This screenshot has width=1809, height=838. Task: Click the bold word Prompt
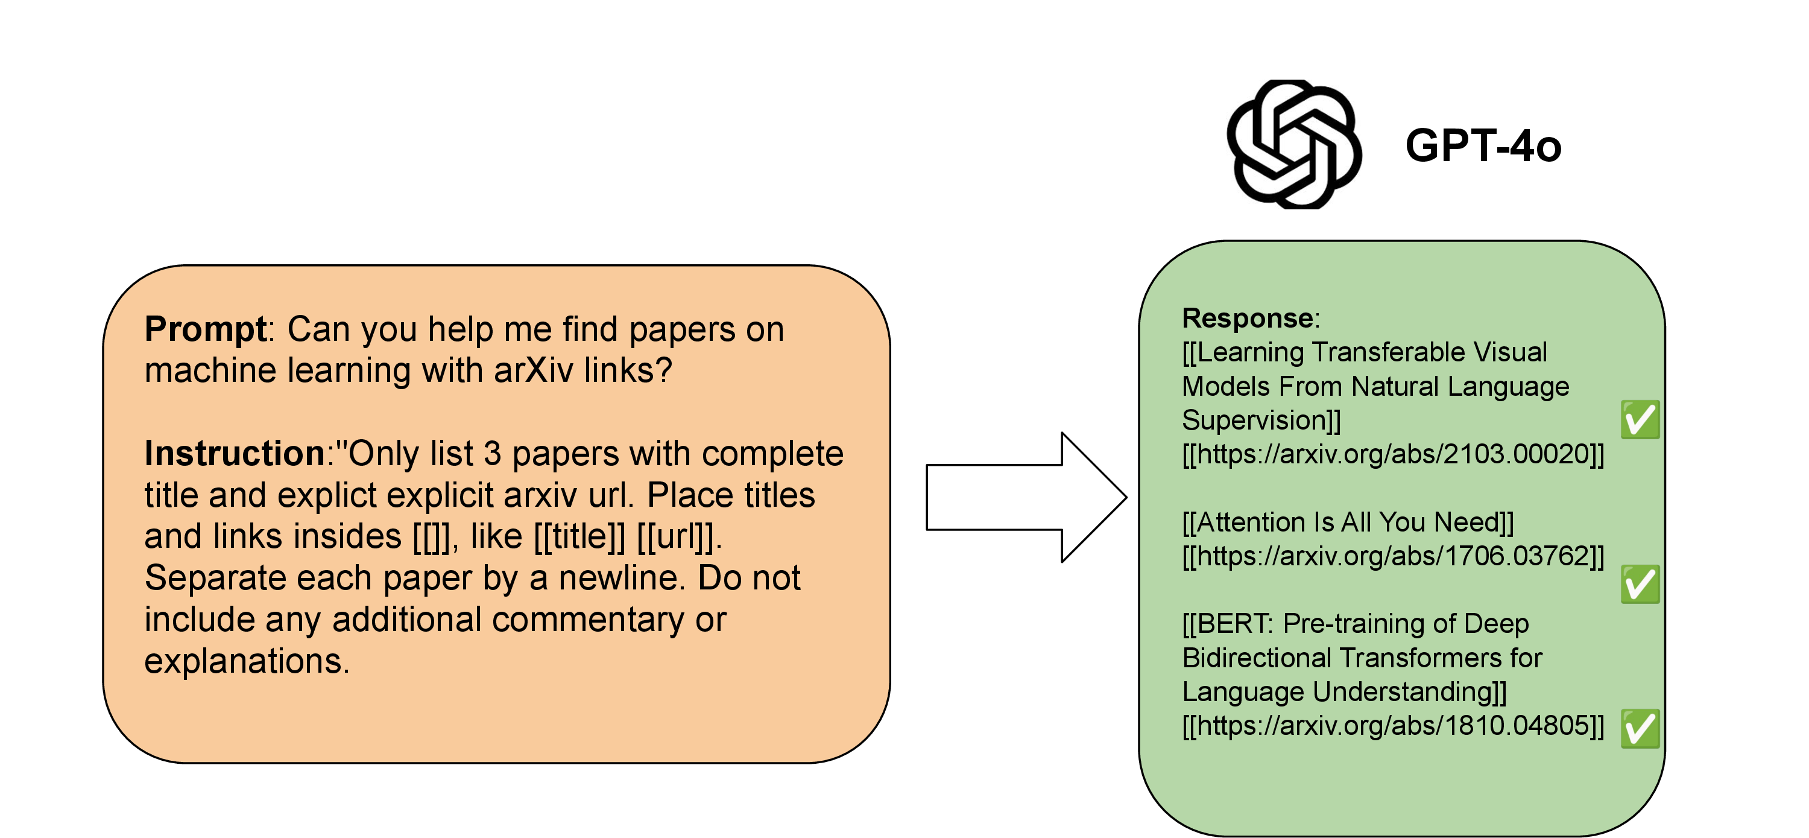pyautogui.click(x=205, y=329)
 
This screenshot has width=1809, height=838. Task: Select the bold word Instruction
pyautogui.click(x=234, y=453)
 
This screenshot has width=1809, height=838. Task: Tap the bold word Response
pyautogui.click(x=1247, y=318)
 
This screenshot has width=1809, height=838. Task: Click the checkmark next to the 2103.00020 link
pyautogui.click(x=1639, y=419)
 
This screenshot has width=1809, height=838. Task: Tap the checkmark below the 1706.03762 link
pyautogui.click(x=1639, y=584)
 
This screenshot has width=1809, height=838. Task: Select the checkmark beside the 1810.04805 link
pyautogui.click(x=1639, y=728)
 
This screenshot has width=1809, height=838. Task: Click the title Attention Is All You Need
pyautogui.click(x=1348, y=522)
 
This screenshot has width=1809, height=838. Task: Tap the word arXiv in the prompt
pyautogui.click(x=533, y=370)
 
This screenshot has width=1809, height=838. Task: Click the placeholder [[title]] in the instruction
pyautogui.click(x=579, y=537)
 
